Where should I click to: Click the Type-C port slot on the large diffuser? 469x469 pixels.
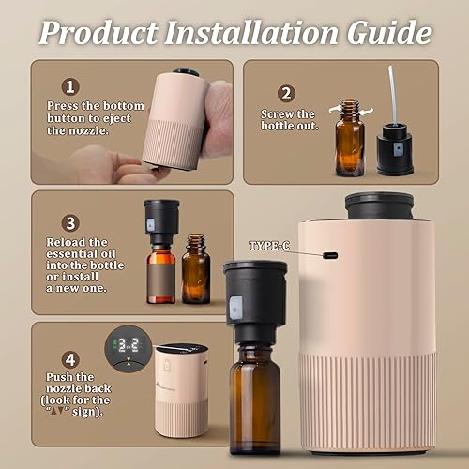pyautogui.click(x=329, y=254)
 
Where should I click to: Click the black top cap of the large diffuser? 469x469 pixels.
pyautogui.click(x=379, y=206)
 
